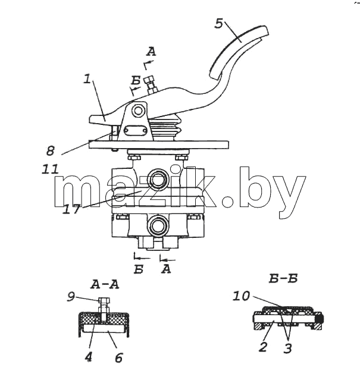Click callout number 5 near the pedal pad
(x=219, y=24)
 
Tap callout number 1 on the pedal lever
(x=87, y=78)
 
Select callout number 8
(x=51, y=151)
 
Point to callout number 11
(x=51, y=169)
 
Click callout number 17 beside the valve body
(x=71, y=209)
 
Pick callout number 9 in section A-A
(x=71, y=297)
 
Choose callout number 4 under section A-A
(x=88, y=357)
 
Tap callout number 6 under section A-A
(x=118, y=357)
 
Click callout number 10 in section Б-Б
(x=242, y=296)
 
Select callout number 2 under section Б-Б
(x=263, y=347)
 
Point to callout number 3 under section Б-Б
(x=287, y=348)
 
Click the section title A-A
(x=105, y=285)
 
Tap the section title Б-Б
(x=283, y=279)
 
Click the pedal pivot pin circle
(x=138, y=111)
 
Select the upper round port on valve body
(x=158, y=179)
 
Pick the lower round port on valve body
(x=158, y=225)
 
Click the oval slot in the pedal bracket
(x=135, y=130)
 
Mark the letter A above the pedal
(x=151, y=52)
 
